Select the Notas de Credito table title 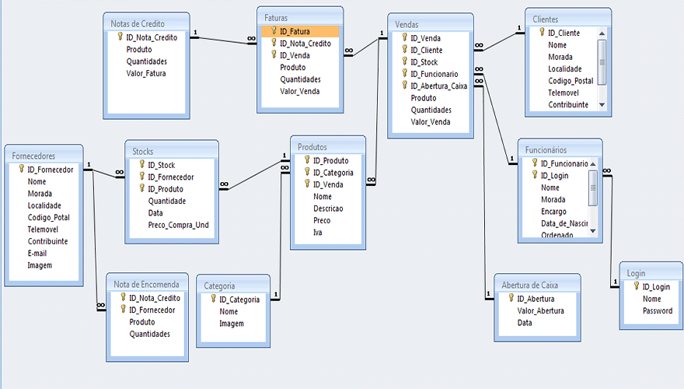point(138,23)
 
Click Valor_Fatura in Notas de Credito point(145,74)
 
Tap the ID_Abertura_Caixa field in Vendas point(438,86)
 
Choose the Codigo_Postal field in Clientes point(571,81)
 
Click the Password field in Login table point(657,311)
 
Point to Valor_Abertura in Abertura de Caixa point(541,310)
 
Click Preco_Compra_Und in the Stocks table point(178,225)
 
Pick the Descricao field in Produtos point(328,209)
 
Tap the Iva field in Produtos point(318,232)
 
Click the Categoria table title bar point(220,286)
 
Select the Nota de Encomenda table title point(147,284)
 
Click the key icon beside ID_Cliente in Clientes point(542,33)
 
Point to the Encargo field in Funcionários point(553,212)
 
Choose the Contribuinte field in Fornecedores point(47,241)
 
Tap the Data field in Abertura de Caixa point(525,322)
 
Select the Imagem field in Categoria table point(231,324)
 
